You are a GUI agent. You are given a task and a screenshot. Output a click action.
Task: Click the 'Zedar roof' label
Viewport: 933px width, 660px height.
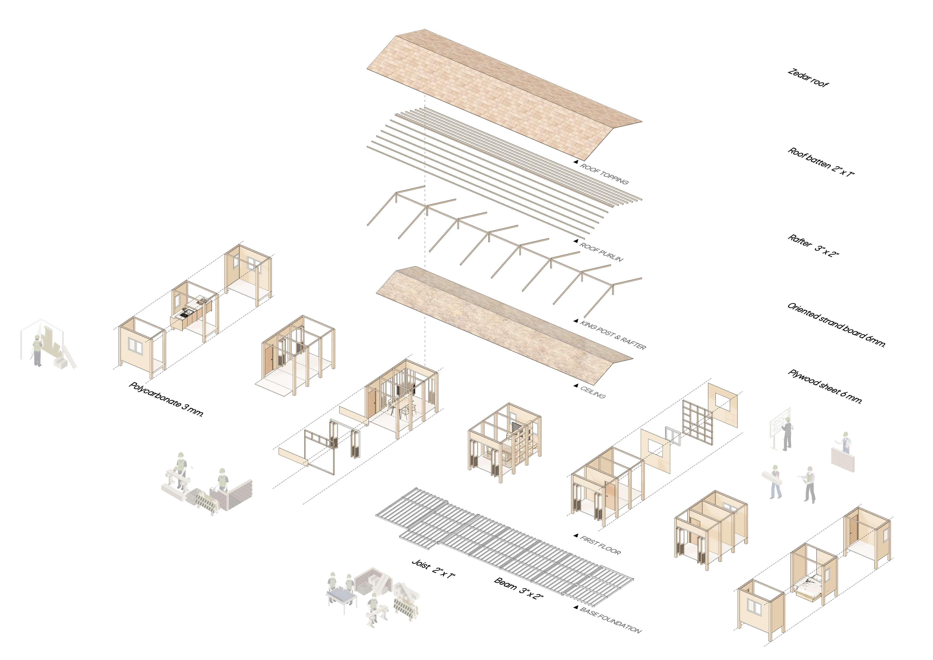[x=807, y=78]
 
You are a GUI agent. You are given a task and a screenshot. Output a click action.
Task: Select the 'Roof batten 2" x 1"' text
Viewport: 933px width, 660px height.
[x=821, y=162]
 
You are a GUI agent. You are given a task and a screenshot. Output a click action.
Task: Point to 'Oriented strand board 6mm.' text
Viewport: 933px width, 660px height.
[x=836, y=324]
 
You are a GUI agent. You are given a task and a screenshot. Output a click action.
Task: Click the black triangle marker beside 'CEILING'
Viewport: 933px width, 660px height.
[x=575, y=385]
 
